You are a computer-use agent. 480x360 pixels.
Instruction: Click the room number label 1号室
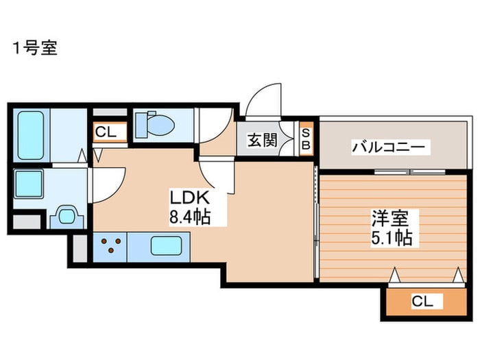pos(34,48)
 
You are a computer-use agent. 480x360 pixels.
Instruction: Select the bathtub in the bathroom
pos(31,134)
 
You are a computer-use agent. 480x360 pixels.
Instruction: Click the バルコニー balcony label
pos(390,146)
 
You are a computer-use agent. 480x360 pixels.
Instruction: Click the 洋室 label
pos(390,219)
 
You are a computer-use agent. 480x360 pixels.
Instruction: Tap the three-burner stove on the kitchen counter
pos(112,245)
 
